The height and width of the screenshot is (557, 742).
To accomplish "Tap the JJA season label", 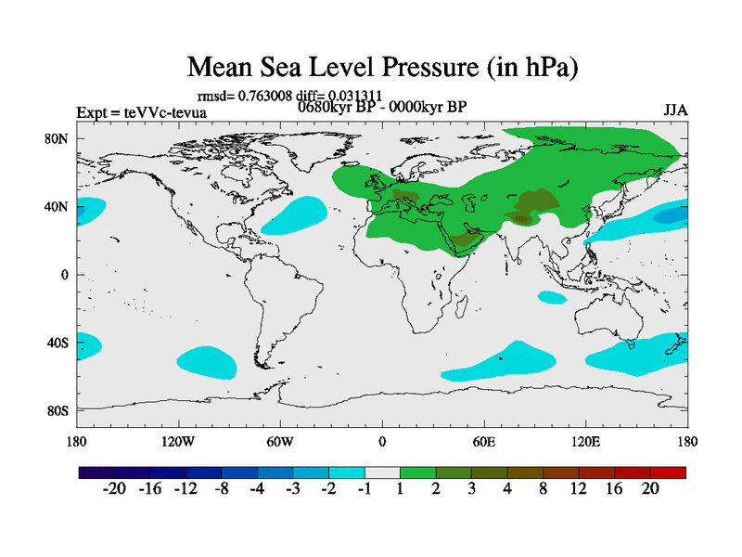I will point(675,110).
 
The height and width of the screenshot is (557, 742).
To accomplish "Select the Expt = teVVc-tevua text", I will point(141,113).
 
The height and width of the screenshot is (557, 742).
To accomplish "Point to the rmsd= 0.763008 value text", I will point(239,95).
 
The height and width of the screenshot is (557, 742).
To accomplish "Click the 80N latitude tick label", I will point(59,138).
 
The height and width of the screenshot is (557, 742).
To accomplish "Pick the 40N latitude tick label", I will point(59,206).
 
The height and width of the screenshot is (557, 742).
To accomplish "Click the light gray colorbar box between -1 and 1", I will point(382,473).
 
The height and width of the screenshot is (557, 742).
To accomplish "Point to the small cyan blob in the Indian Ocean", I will point(552,297).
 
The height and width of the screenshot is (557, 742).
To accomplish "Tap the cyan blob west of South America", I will point(208,360).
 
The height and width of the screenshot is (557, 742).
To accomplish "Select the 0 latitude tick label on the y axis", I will point(66,275).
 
